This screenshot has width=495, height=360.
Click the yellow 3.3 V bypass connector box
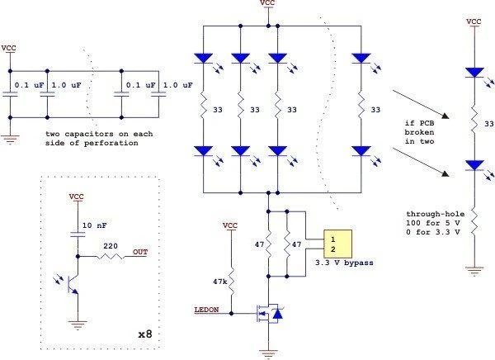337,244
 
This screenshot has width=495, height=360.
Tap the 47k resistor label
220,282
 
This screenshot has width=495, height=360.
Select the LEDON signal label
206,310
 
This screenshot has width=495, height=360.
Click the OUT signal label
140,252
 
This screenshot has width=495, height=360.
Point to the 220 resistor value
111,246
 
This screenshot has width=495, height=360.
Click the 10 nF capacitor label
94,225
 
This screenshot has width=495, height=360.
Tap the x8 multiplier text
145,334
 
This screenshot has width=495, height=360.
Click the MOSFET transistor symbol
269,313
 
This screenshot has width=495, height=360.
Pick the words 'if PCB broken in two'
420,132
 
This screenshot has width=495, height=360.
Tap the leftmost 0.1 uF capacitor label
30,85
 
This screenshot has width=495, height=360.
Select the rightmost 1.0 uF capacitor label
177,85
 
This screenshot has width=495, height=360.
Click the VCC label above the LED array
267,2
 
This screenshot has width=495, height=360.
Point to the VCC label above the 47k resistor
230,225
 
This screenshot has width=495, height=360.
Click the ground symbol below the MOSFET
268,353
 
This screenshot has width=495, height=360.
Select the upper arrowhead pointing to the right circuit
445,116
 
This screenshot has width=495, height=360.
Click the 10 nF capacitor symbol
78,234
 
